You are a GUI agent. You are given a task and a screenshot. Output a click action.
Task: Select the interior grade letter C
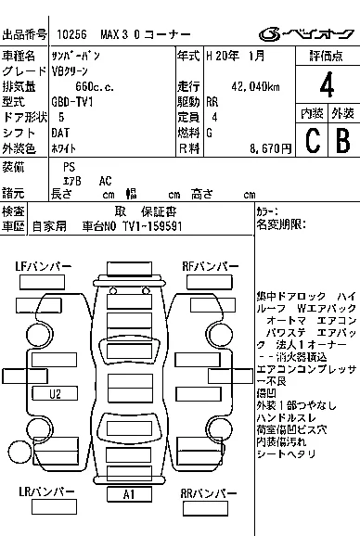coord(312,139)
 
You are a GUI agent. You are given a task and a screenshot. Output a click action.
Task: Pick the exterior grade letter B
coord(341,139)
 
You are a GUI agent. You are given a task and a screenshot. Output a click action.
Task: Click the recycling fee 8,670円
coord(271,147)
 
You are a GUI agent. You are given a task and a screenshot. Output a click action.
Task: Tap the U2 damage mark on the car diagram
coord(56,393)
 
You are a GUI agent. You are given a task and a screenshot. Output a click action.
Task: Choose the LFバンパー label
coord(43,267)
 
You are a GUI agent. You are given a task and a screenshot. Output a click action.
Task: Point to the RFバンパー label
coord(210,267)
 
